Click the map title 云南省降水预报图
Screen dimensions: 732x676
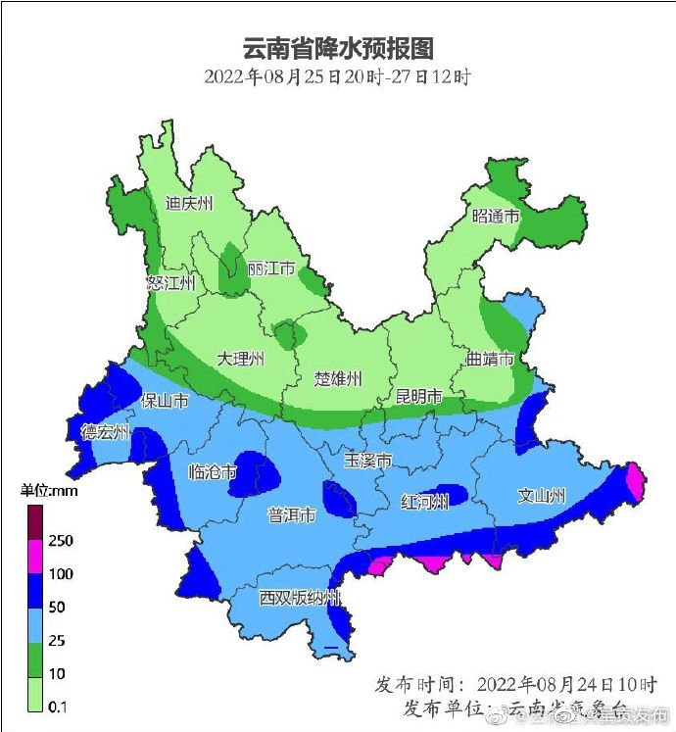338,48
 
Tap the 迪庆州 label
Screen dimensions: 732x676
189,204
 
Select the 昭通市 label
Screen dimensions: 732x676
495,217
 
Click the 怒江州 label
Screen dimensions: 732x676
170,283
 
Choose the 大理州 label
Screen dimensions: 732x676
241,360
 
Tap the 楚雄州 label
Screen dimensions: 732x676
339,378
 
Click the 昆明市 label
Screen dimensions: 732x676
418,397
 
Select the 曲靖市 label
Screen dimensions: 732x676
490,360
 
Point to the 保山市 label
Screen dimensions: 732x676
166,401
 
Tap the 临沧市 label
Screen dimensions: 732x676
213,472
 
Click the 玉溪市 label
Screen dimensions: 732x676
368,461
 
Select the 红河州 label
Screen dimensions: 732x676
424,502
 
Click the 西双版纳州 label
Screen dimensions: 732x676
300,598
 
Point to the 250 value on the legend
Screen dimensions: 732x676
62,540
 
